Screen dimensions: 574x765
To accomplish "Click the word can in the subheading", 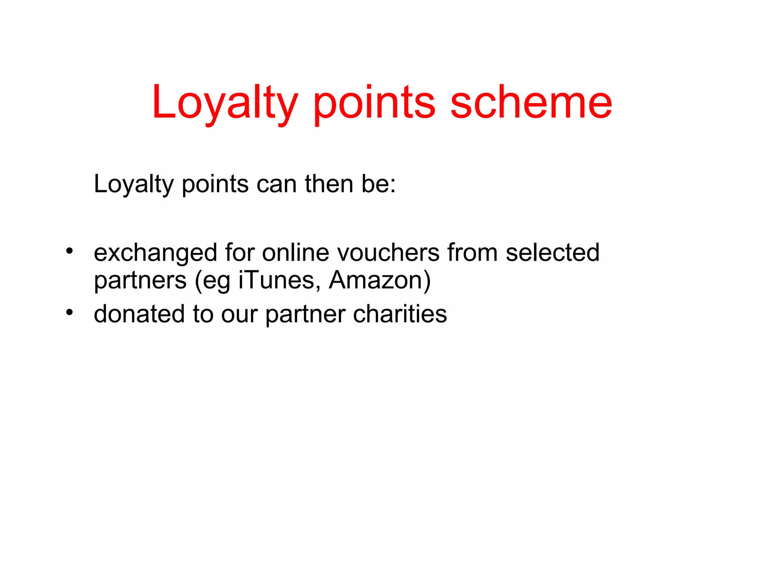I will pyautogui.click(x=276, y=185).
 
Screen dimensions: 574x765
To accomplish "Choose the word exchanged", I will pyautogui.click(x=155, y=253).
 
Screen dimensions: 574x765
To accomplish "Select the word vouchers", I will pyautogui.click(x=388, y=253).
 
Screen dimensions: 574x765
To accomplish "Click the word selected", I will pyautogui.click(x=552, y=253).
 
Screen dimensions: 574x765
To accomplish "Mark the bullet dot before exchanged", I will pyautogui.click(x=69, y=251).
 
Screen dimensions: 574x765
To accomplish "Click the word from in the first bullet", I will pyautogui.click(x=473, y=253).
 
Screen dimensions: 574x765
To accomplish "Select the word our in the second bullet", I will pyautogui.click(x=239, y=315).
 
